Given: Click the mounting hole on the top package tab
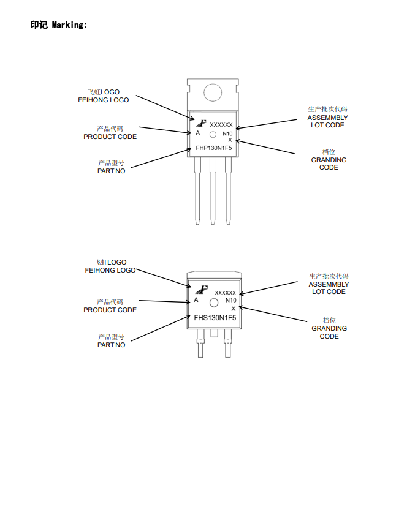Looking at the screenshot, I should click(213, 92).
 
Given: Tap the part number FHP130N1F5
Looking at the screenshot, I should click(213, 148).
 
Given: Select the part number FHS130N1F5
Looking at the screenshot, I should click(215, 317).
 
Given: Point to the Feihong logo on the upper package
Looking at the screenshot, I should click(200, 122).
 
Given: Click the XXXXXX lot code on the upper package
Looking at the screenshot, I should click(221, 124).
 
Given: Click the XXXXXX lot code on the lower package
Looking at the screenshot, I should click(225, 293).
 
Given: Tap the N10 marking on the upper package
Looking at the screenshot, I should click(227, 133).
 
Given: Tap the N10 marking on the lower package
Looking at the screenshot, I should click(230, 300).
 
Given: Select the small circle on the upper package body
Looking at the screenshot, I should click(213, 134).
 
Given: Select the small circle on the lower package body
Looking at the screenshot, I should click(214, 303).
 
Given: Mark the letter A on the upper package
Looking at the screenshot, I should click(197, 133).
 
